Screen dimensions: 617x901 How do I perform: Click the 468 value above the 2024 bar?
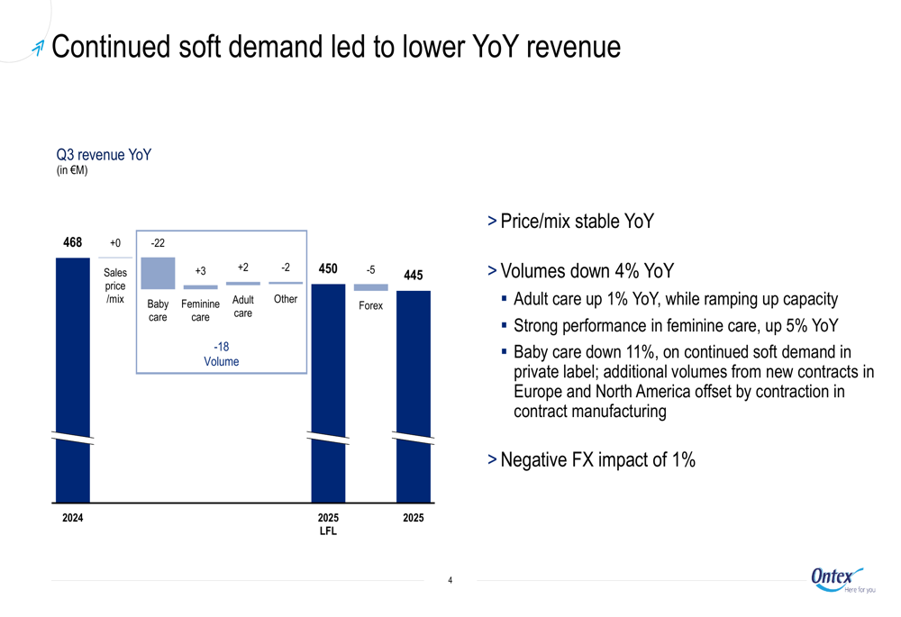(x=72, y=243)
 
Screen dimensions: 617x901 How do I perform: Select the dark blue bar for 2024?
(x=73, y=378)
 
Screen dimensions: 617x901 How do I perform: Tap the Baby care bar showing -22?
(x=158, y=273)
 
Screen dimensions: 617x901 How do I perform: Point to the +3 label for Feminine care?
(x=200, y=271)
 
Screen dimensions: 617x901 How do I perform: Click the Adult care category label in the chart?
(x=243, y=306)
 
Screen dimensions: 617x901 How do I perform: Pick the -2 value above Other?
(x=286, y=268)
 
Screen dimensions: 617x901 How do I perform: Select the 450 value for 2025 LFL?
(x=328, y=268)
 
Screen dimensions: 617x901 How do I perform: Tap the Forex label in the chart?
(x=370, y=306)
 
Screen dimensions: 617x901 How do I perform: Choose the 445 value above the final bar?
(x=414, y=276)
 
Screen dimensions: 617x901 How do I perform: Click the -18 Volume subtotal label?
(x=221, y=354)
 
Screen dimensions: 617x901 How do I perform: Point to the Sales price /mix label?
(x=115, y=286)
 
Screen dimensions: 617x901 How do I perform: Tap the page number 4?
(x=450, y=580)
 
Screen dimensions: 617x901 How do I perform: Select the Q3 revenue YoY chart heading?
(x=104, y=155)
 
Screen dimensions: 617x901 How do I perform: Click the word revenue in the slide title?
(x=572, y=47)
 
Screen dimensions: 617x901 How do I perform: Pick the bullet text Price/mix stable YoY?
(x=577, y=222)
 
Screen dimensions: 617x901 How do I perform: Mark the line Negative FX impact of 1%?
(x=597, y=460)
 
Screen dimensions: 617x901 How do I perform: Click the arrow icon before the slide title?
(x=37, y=49)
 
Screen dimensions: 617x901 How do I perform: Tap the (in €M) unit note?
(x=72, y=170)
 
